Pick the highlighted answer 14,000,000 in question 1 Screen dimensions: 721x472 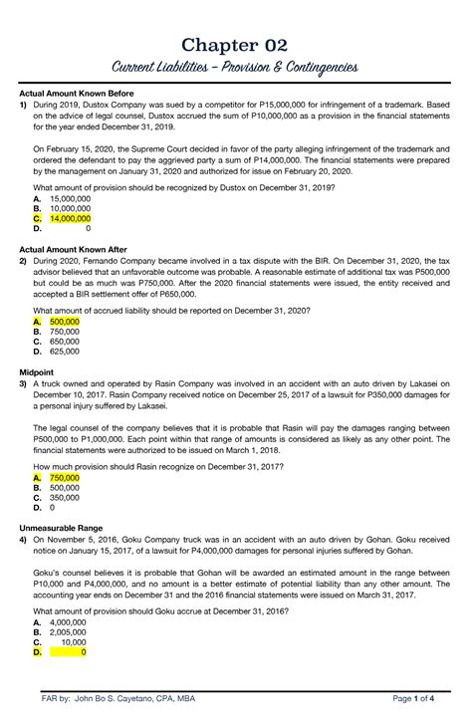click(x=69, y=217)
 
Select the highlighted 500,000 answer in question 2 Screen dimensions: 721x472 click(x=65, y=323)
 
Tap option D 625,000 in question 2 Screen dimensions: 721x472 click(x=65, y=352)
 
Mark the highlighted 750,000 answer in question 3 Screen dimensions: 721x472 click(x=65, y=478)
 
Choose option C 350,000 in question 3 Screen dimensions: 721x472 click(x=65, y=497)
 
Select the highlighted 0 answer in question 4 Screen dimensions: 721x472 click(x=83, y=653)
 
